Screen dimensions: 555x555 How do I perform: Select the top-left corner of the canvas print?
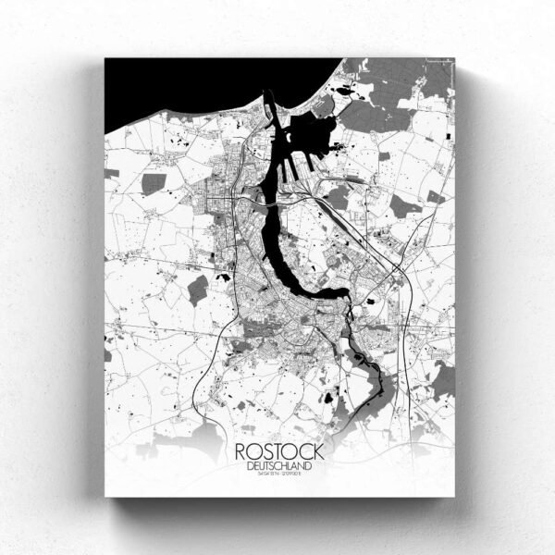(x=105, y=59)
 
